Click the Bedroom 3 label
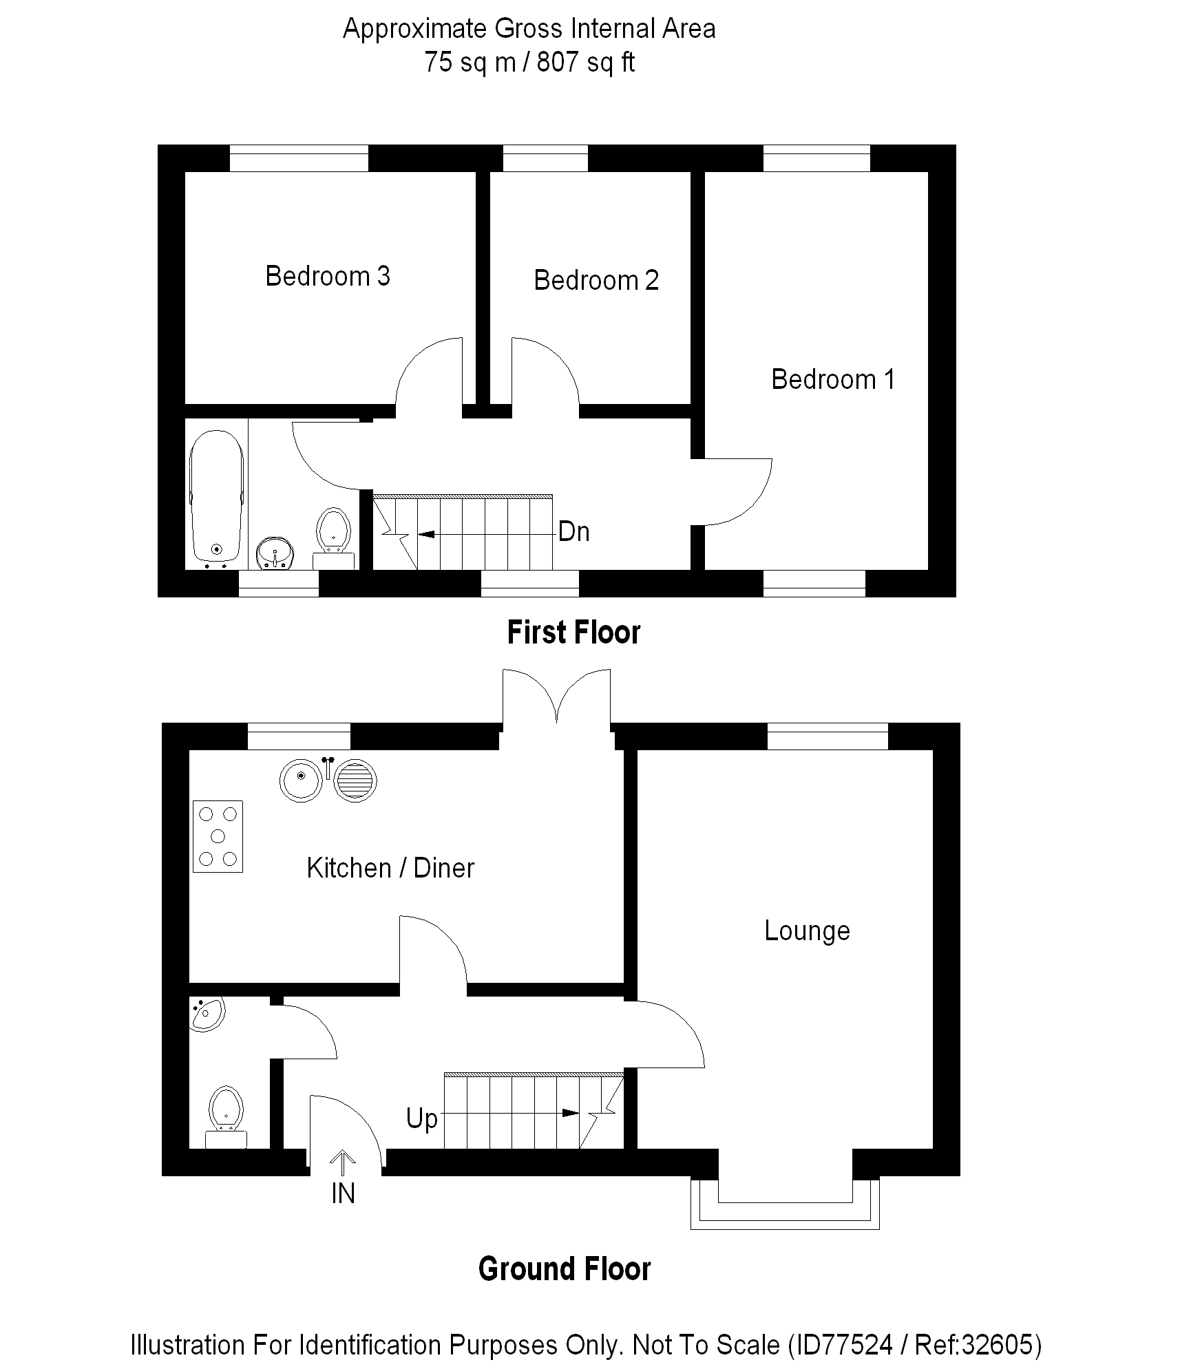tap(328, 277)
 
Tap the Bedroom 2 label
tap(596, 281)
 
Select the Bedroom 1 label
tap(832, 380)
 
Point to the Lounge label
tap(807, 931)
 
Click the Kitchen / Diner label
tap(390, 869)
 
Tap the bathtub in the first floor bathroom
tap(217, 496)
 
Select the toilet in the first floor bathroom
tap(334, 533)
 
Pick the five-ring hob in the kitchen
tap(218, 836)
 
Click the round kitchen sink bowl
tap(302, 780)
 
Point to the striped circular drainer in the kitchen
tap(356, 781)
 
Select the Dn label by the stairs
tap(573, 532)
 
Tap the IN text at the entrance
tap(343, 1193)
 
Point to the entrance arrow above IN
tap(342, 1164)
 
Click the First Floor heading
tap(573, 633)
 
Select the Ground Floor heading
tap(565, 1268)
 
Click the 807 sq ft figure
tap(585, 63)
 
